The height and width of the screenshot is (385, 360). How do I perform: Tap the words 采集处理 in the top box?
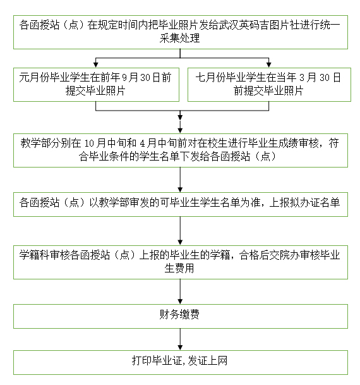tap(180, 39)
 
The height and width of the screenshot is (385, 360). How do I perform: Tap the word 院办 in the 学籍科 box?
tap(283, 255)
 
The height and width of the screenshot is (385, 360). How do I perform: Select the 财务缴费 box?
tap(180, 315)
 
